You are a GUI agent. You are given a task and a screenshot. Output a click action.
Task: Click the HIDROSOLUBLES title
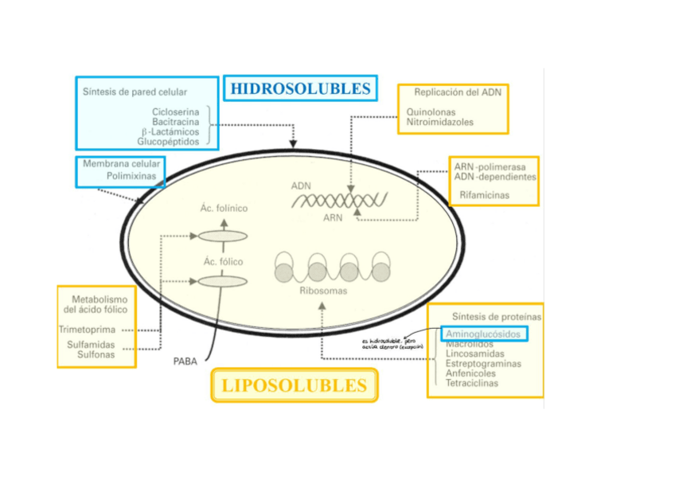[300, 88]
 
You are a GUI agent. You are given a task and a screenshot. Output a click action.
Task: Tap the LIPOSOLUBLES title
[295, 386]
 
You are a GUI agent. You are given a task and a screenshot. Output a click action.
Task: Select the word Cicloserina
[176, 112]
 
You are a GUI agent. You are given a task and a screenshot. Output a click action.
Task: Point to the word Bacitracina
[176, 122]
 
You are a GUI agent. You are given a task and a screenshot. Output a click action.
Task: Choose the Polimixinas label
[133, 175]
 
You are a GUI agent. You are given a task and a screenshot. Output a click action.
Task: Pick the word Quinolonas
[432, 112]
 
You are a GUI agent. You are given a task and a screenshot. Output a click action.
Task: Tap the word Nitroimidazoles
[439, 123]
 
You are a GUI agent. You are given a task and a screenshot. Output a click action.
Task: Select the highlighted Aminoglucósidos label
[484, 334]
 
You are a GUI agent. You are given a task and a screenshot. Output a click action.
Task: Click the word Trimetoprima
[87, 329]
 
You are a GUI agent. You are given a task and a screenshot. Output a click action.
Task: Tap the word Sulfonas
[96, 354]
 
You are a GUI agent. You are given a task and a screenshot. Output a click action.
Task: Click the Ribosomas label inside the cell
[323, 291]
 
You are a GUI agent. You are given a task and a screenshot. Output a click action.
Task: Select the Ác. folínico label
[225, 209]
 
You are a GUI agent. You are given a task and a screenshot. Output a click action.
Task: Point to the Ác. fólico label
[224, 261]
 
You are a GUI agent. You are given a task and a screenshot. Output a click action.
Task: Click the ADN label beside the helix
[301, 186]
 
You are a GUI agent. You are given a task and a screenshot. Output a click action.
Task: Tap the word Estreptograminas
[483, 364]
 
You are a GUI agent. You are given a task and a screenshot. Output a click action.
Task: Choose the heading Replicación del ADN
[457, 92]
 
